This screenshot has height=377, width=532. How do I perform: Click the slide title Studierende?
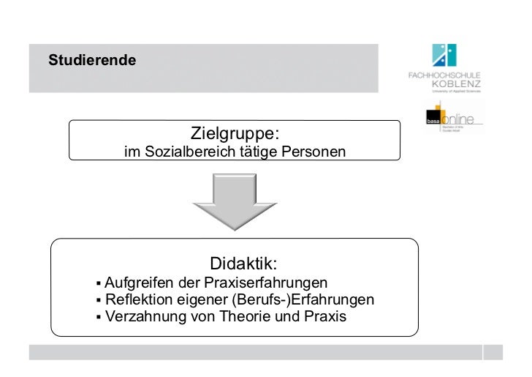pyautogui.click(x=92, y=59)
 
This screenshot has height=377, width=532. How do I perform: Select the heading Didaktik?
pyautogui.click(x=243, y=263)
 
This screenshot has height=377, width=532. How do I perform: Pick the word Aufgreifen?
pyautogui.click(x=139, y=283)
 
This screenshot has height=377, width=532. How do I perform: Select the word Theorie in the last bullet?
pyautogui.click(x=243, y=318)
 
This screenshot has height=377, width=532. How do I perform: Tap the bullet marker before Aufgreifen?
pyautogui.click(x=98, y=283)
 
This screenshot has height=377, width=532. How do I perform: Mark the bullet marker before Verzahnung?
pyautogui.click(x=98, y=318)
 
